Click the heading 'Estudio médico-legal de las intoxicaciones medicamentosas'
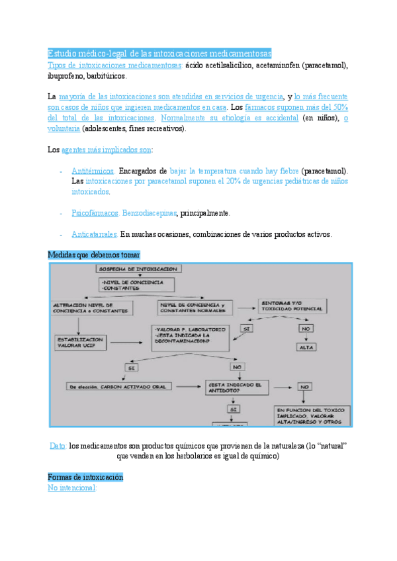tap(159, 53)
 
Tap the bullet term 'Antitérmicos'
tap(93, 171)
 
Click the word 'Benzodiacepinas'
tap(151, 213)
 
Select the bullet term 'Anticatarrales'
tap(95, 234)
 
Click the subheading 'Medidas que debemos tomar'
tap(94, 255)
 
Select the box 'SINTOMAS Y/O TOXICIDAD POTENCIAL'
tap(292, 306)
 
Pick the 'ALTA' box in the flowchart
tap(306, 347)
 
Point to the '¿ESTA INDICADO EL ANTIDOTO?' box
tap(238, 387)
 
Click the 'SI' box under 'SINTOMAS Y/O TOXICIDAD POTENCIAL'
tap(246, 328)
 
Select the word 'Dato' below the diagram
tap(58, 447)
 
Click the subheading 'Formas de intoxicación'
tap(85, 477)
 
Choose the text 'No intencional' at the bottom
tap(72, 488)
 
